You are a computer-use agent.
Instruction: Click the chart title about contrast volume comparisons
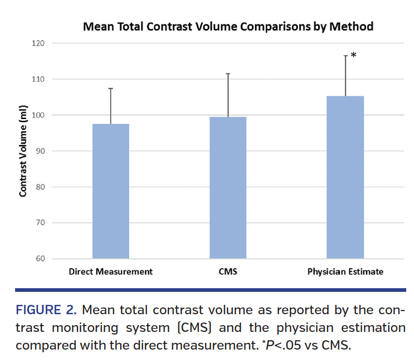[x=228, y=26]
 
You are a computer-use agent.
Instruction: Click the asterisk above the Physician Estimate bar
[x=354, y=55]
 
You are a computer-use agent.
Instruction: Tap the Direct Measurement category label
[x=111, y=272]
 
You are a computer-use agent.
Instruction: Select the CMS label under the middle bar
[x=228, y=272]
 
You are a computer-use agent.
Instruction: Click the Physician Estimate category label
[x=345, y=272]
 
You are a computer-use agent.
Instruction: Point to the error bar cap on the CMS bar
[x=228, y=73]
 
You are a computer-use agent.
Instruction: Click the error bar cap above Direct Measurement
[x=111, y=88]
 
